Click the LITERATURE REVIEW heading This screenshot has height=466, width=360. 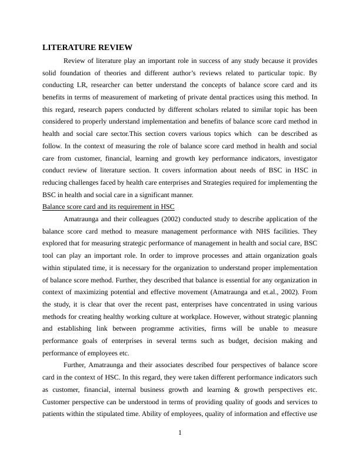87,48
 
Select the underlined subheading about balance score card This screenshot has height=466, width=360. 109,207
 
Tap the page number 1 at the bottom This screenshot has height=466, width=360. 180,434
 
